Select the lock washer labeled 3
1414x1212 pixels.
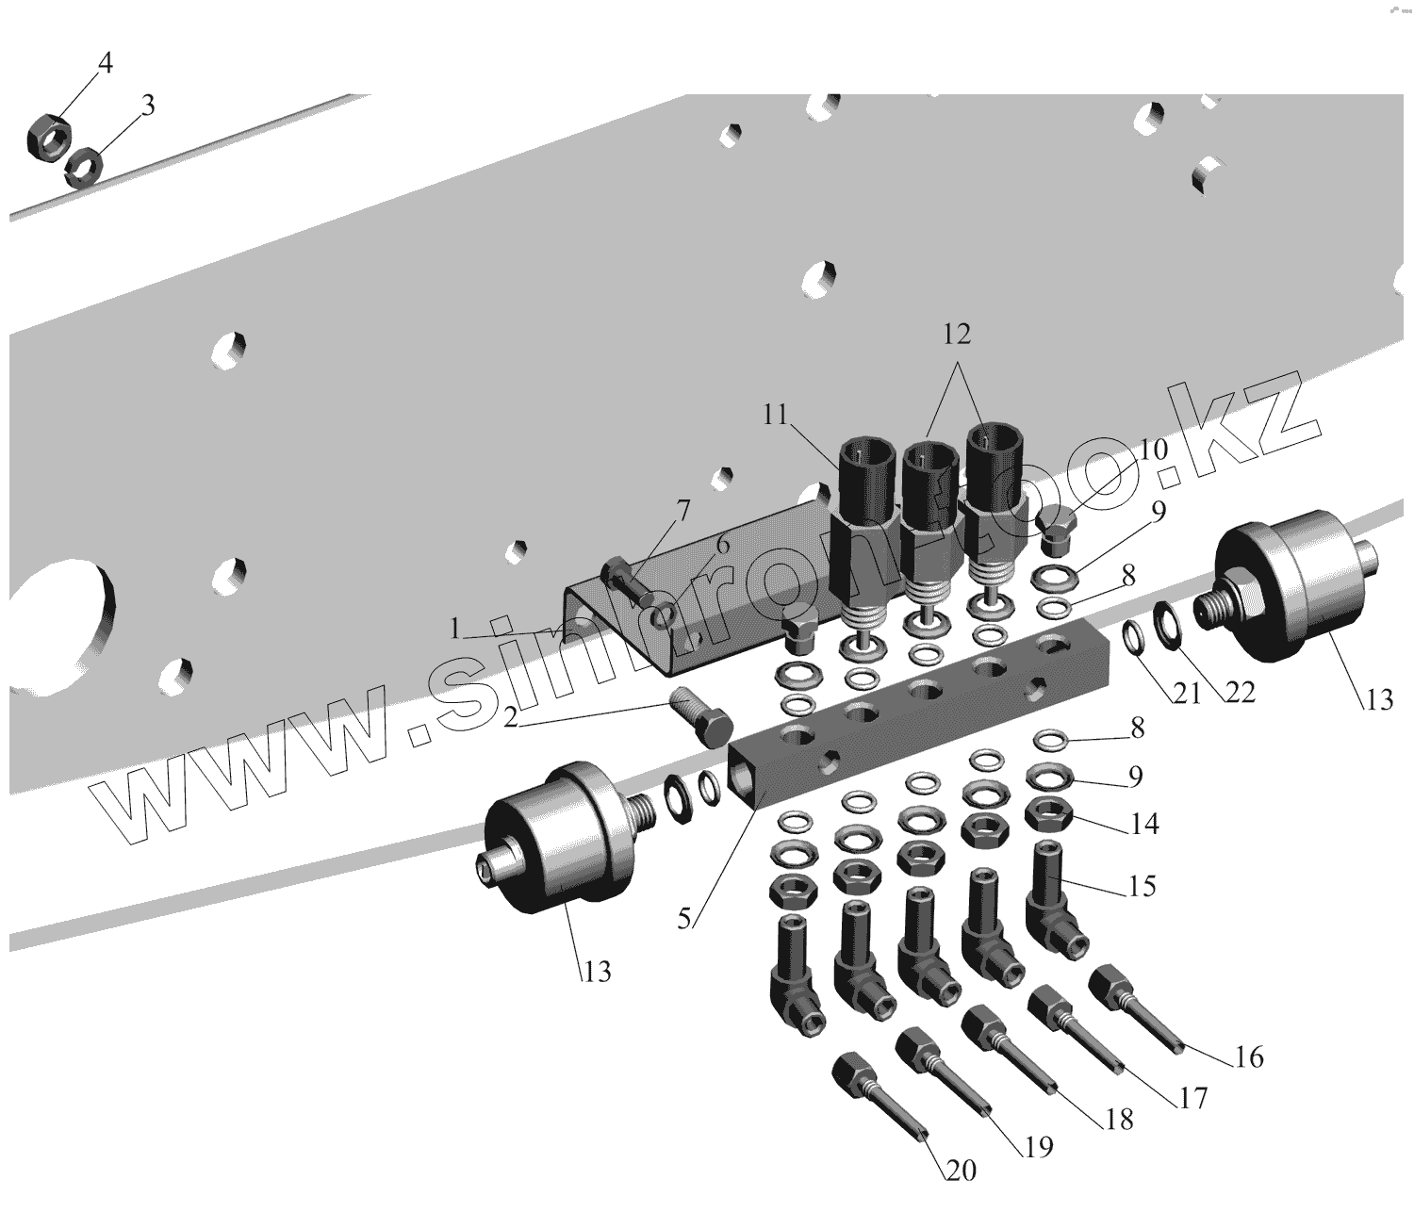[x=85, y=167]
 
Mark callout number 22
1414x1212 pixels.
[x=1242, y=693]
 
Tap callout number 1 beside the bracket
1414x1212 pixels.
[x=455, y=630]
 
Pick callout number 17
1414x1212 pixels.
[x=1192, y=1099]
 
